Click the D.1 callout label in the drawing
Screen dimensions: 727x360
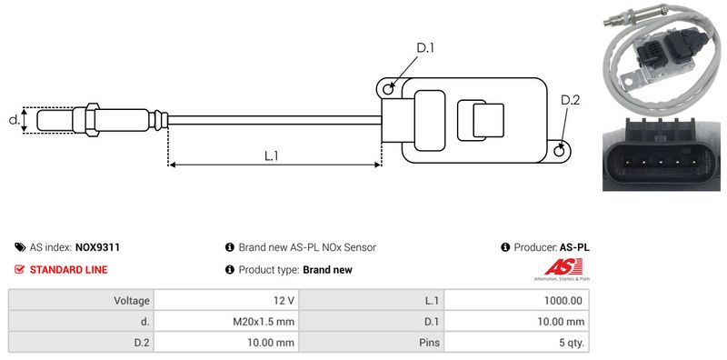coord(425,47)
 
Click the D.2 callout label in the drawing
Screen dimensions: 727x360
coord(570,100)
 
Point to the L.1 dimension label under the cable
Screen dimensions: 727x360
coord(271,155)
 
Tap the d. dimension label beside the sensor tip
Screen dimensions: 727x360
coord(14,120)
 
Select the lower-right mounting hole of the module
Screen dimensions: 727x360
coord(560,151)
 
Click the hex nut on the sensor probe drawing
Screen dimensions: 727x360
coord(93,120)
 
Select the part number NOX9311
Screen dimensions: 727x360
coord(97,247)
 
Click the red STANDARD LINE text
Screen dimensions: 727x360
coord(68,269)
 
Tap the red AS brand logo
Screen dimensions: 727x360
coord(563,267)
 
